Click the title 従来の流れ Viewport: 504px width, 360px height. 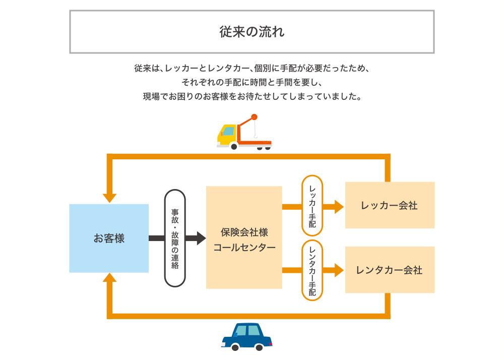pyautogui.click(x=251, y=32)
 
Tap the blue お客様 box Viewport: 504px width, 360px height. pyautogui.click(x=109, y=238)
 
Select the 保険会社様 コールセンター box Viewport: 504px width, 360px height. pyautogui.click(x=244, y=237)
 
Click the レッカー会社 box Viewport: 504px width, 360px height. pyautogui.click(x=390, y=205)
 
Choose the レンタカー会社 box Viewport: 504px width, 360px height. pyautogui.click(x=390, y=270)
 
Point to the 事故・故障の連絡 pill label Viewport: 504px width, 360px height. pyautogui.click(x=175, y=238)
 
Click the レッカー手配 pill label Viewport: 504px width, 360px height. pyautogui.click(x=312, y=205)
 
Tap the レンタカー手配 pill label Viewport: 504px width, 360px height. pyautogui.click(x=312, y=270)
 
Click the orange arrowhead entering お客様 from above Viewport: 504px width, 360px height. pyautogui.click(x=109, y=198)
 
